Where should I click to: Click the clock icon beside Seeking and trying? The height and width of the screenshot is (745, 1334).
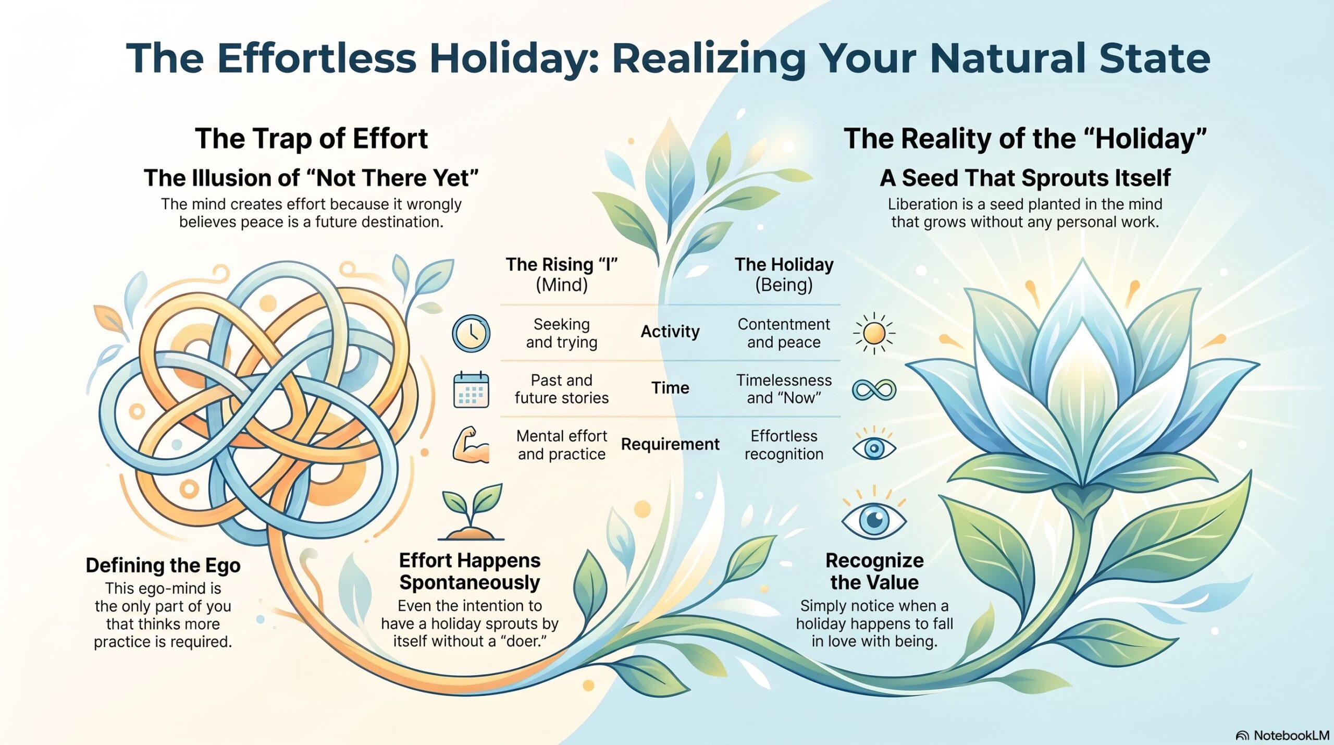(471, 333)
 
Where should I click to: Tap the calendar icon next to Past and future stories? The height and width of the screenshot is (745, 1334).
(471, 389)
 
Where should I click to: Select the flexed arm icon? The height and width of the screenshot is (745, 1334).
(471, 445)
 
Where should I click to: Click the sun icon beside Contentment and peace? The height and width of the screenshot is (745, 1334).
(874, 333)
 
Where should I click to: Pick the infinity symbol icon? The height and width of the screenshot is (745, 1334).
(874, 389)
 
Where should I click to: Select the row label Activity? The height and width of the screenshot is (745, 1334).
(670, 332)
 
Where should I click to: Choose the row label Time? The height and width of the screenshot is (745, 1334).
(670, 388)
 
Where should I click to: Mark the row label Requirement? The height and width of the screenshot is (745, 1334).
(670, 444)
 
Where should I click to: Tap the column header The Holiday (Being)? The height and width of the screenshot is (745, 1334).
(784, 274)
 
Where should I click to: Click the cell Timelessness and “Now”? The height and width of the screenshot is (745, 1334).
(784, 389)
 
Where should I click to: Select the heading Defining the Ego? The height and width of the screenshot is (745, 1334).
(163, 565)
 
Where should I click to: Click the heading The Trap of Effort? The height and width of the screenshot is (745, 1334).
(311, 139)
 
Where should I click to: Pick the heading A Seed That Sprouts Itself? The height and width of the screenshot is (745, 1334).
(1025, 178)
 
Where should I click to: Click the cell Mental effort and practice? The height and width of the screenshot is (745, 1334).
(562, 445)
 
